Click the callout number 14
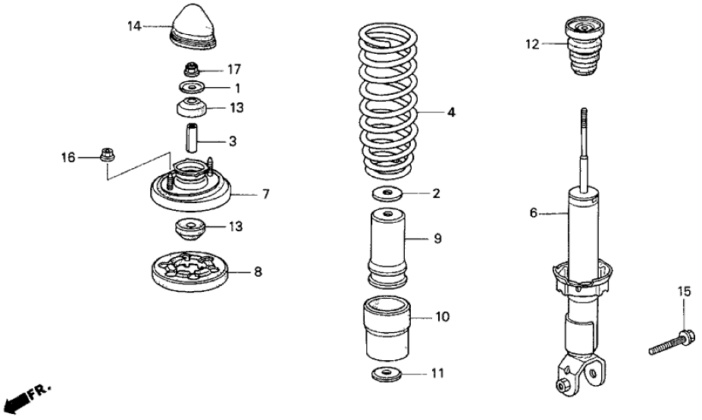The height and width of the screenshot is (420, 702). tap(134, 27)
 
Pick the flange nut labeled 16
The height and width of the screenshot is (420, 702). tap(105, 157)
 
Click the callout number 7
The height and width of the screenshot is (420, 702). tap(266, 194)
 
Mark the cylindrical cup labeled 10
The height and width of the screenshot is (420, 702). tap(388, 331)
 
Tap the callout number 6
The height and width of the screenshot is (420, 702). tap(533, 214)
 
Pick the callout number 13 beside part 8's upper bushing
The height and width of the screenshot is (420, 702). tap(237, 227)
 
